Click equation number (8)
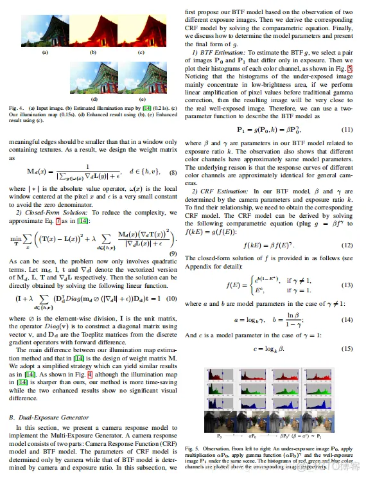coord(171,172)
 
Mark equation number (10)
coord(171,298)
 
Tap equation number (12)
coord(347,245)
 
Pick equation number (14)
coord(347,319)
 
